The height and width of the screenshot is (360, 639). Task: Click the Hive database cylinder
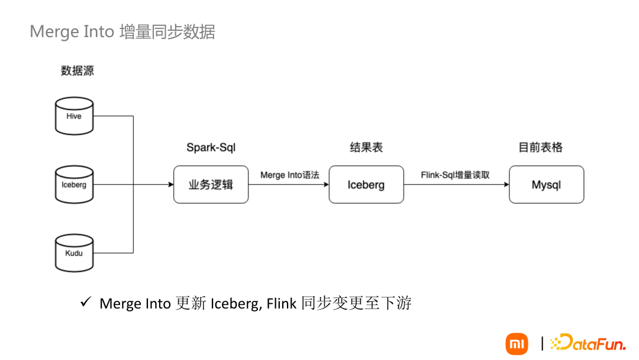[x=74, y=116]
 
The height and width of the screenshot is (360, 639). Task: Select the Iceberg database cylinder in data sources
[x=74, y=185]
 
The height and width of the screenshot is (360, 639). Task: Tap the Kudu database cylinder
[x=74, y=253]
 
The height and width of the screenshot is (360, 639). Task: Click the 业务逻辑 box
[x=211, y=185]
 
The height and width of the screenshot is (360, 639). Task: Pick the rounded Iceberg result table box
[x=366, y=185]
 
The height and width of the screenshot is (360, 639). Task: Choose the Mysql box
[x=546, y=185]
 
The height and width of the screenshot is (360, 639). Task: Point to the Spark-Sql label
[x=211, y=147]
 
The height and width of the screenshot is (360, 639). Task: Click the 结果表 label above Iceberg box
[x=366, y=147]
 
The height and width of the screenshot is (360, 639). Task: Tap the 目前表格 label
[x=540, y=147]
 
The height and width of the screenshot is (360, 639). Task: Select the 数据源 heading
[x=78, y=71]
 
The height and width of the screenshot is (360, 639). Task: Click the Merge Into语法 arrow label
[x=290, y=175]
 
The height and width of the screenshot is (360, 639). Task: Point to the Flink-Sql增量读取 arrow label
[x=455, y=175]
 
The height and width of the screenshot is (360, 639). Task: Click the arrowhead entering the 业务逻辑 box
[x=170, y=185]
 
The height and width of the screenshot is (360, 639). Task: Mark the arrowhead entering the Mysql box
[x=506, y=185]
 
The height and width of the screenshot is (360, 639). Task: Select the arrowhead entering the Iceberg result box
[x=325, y=185]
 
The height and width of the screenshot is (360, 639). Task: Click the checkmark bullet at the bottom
[x=85, y=303]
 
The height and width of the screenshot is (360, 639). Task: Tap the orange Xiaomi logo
[x=517, y=344]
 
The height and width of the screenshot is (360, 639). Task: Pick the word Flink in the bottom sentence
[x=282, y=304]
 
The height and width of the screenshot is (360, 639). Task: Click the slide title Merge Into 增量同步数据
[x=122, y=31]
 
